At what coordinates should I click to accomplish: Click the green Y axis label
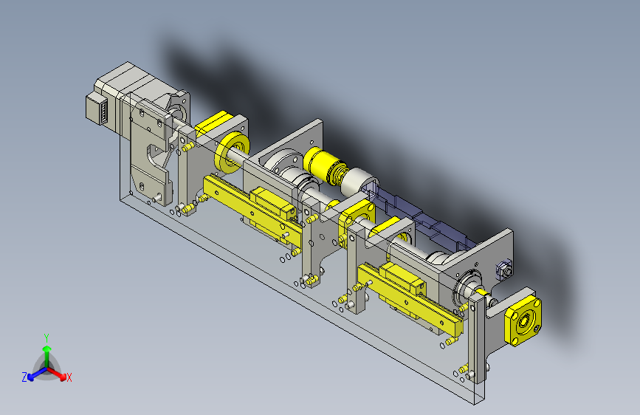coord(47,338)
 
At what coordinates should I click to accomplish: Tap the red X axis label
coord(69,377)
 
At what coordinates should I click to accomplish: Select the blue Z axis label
coord(24,377)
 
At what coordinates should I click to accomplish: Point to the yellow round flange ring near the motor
coord(232,152)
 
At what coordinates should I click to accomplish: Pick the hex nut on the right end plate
coord(504,270)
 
